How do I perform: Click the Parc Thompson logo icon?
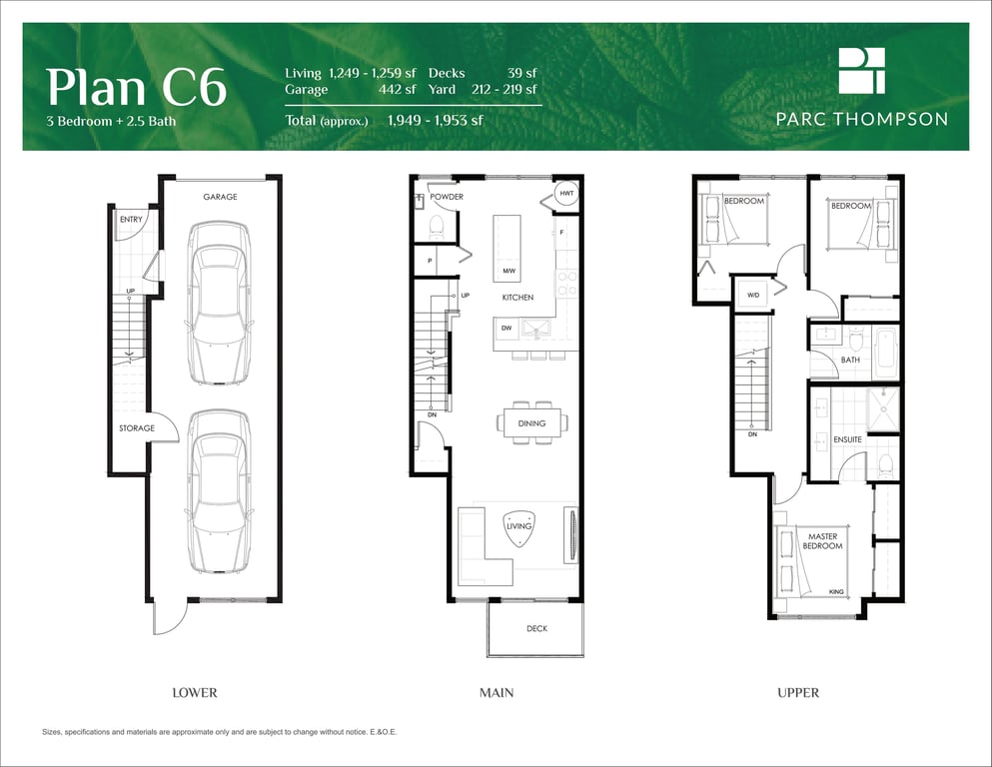[x=862, y=70]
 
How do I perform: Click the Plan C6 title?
[x=136, y=87]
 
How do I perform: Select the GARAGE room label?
[x=220, y=197]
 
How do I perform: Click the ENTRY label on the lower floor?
[x=131, y=220]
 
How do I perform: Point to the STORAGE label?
[x=137, y=428]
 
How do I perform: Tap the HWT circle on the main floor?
[x=566, y=193]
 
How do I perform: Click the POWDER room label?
[x=447, y=197]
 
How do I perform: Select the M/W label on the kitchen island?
[x=509, y=271]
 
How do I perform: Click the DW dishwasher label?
[x=506, y=329]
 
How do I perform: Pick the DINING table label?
[x=531, y=423]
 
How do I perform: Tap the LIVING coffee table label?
[x=518, y=526]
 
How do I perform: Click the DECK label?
[x=537, y=628]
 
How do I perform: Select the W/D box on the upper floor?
[x=753, y=296]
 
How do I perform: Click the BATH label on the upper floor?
[x=850, y=360]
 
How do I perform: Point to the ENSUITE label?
[x=848, y=439]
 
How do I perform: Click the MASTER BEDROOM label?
[x=822, y=541]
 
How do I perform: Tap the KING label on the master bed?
[x=836, y=592]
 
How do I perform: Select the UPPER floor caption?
[x=798, y=692]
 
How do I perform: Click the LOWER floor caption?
[x=195, y=692]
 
